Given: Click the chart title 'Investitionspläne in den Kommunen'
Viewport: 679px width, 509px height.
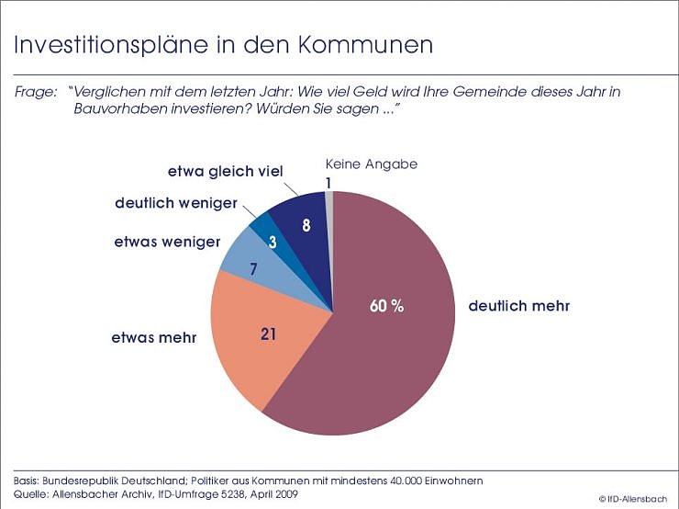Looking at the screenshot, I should pos(222,45).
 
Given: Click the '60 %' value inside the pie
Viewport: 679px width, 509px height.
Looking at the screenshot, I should pos(386,306).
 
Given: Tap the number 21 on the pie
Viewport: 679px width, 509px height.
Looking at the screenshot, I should pos(268,334).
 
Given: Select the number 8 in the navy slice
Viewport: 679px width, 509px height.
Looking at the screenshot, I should pos(306,226).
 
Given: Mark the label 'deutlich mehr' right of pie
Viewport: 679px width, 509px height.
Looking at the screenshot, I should pos(518,306).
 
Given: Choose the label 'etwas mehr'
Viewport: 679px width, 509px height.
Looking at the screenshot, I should pos(155,337).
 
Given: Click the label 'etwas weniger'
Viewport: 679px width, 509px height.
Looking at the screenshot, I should pos(168,242).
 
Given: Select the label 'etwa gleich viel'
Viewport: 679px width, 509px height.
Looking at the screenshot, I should pos(225,171).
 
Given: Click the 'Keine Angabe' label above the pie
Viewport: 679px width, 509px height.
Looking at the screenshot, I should pos(372,164).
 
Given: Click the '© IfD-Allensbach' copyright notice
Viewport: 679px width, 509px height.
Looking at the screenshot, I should pos(634,498).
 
